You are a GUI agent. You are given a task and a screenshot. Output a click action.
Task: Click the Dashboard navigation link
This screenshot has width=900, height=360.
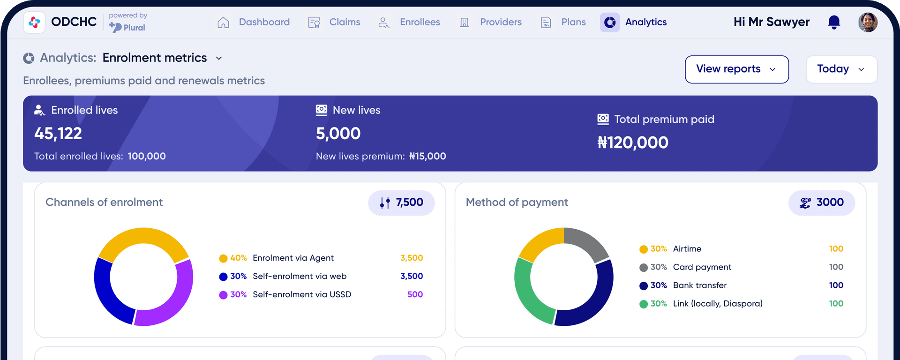coord(254,22)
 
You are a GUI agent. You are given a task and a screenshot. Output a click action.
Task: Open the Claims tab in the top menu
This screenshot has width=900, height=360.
coord(334,22)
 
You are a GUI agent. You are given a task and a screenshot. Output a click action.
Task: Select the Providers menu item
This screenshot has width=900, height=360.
coord(491,22)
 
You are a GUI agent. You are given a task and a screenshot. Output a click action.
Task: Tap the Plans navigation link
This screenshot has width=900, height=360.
coord(563,22)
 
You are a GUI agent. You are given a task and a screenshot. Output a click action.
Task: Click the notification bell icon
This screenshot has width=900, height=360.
coord(834,22)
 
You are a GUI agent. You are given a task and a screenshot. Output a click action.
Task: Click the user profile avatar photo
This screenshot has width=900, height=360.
coord(868,22)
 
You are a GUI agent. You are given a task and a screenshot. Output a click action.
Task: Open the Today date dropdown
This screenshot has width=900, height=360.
coord(841,69)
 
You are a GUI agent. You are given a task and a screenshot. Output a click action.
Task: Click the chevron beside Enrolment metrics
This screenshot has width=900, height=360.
coord(219,59)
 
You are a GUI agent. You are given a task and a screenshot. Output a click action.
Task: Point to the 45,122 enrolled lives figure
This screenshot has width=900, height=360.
coord(58,134)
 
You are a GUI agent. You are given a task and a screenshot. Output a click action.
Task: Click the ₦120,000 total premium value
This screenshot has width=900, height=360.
coord(633,142)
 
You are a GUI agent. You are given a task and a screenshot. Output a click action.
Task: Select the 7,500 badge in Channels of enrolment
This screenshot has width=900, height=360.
coord(402,202)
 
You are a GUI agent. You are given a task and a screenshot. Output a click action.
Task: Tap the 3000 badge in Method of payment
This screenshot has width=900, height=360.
coord(822,202)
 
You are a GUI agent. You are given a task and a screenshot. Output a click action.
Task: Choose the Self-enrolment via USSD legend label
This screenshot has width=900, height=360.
coord(302,294)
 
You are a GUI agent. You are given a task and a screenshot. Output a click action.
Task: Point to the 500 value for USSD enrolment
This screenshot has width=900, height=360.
coord(415,294)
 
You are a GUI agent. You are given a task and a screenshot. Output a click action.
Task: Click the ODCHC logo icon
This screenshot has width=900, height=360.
coord(34,22)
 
